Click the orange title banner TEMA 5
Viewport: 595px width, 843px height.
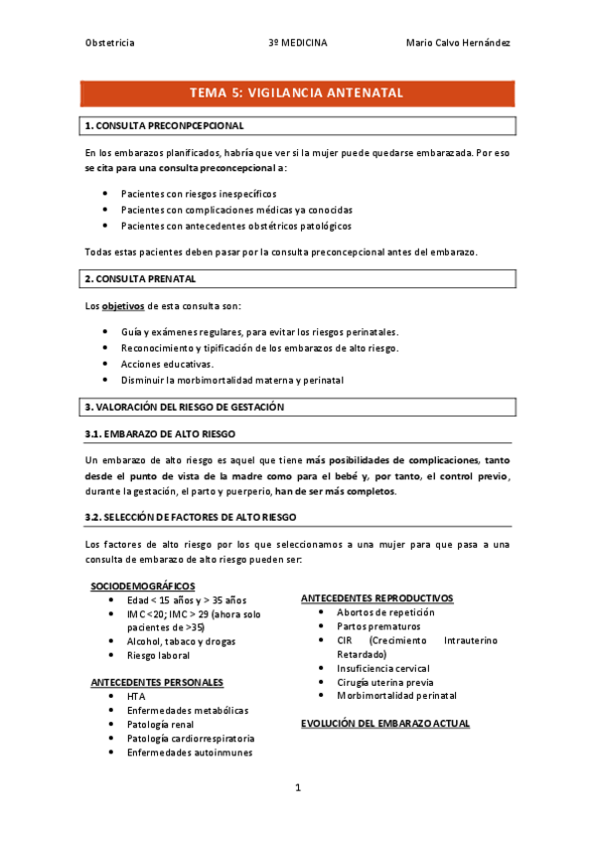297,92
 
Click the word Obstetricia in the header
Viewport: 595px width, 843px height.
110,43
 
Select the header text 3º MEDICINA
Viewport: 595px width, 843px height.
297,43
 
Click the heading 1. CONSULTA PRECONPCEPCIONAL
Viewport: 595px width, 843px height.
165,126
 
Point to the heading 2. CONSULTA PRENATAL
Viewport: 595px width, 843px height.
141,278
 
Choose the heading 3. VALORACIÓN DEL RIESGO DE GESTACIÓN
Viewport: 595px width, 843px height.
185,407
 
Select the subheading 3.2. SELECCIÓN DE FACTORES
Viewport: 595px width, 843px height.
191,517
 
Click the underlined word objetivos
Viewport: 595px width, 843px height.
124,305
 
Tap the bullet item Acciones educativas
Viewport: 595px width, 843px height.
167,364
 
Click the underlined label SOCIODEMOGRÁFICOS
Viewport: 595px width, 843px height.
143,586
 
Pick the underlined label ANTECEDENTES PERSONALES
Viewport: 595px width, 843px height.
157,682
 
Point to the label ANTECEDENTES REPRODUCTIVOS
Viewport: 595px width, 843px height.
376,598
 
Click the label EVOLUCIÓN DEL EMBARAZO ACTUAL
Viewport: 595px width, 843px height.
384,724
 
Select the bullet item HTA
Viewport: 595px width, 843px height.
136,697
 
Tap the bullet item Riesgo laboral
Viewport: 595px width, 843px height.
158,655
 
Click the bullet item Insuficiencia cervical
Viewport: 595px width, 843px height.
382,668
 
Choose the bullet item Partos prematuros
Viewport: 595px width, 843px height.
377,626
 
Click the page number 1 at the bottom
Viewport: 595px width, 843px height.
297,787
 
